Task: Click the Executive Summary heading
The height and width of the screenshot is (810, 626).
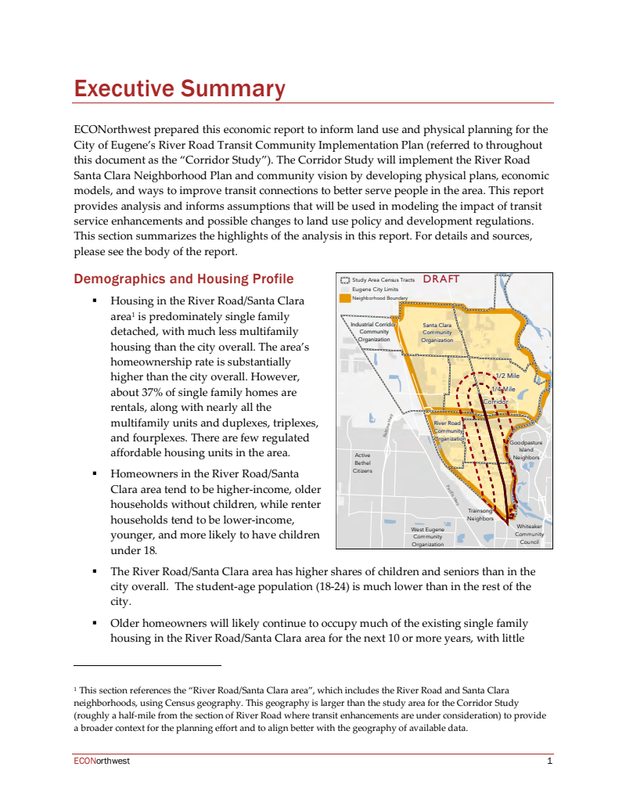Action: click(179, 88)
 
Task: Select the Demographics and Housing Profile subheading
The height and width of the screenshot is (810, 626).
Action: click(183, 279)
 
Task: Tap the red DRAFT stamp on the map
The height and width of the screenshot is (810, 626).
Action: click(441, 279)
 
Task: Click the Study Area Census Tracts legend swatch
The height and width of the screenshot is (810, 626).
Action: click(344, 279)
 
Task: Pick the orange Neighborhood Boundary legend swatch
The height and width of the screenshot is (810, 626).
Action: click(344, 297)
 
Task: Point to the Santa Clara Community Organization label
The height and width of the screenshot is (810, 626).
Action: click(437, 333)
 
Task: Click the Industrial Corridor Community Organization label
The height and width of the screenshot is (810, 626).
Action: click(373, 331)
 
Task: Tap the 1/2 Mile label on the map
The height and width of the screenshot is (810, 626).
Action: click(508, 376)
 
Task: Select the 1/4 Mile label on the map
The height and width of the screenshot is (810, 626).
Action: click(503, 389)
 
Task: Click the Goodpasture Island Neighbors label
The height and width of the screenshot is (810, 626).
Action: click(526, 450)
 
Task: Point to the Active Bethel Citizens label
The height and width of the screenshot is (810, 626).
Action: click(362, 463)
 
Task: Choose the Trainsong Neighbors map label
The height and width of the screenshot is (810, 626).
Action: click(480, 514)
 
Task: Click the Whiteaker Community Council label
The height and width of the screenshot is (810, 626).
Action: click(529, 535)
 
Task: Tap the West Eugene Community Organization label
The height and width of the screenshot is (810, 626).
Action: click(428, 537)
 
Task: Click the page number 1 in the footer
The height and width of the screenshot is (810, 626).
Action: click(550, 761)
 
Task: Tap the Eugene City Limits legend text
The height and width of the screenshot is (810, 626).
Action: click(375, 289)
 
